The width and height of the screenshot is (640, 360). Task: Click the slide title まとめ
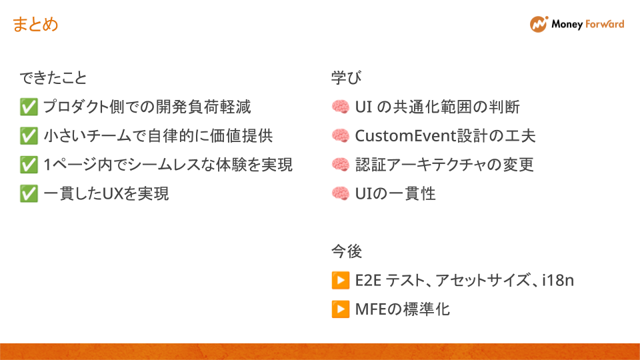35,25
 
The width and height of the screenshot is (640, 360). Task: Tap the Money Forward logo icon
539,25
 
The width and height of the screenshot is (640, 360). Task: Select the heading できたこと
53,79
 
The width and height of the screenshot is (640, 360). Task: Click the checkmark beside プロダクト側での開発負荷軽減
29,107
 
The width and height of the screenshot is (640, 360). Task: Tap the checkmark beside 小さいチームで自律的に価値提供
29,136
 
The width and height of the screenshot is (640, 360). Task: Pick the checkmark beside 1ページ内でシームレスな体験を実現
29,165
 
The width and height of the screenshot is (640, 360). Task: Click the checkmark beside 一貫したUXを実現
29,194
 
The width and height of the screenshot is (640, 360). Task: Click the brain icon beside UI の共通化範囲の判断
340,107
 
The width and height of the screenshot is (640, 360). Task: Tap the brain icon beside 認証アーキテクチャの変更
340,165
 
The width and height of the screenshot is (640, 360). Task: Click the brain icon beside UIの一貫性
340,194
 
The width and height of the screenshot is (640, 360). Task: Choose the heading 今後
347,251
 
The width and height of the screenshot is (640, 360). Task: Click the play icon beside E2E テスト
340,281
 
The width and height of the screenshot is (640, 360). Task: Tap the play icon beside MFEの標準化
340,309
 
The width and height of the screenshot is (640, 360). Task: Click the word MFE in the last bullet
371,309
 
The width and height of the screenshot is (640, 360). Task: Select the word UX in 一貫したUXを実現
110,194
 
